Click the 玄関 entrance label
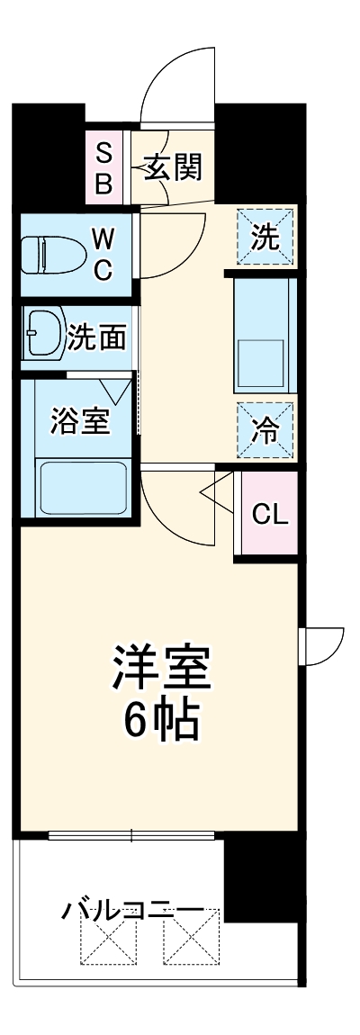point(173,168)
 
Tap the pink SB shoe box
point(103,168)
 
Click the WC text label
point(103,254)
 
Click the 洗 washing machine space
point(265,238)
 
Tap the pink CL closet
point(268,516)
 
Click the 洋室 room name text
point(161,667)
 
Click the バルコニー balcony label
point(132,910)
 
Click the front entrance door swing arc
point(175,81)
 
